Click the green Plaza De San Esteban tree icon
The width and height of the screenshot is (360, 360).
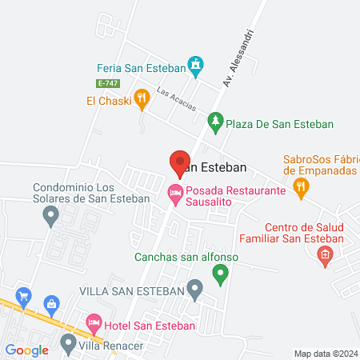214,122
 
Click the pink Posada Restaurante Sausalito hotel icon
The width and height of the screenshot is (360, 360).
174,193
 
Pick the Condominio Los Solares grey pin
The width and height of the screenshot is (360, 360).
51,214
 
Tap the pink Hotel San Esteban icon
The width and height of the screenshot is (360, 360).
94,325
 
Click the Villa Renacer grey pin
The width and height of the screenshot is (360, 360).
67,345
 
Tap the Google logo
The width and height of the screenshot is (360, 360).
26,350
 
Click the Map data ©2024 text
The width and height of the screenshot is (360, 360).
326,354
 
